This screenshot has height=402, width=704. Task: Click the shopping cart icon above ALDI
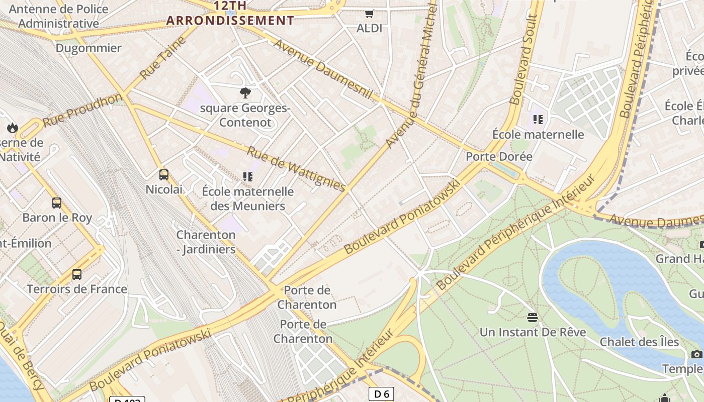coord(370,14)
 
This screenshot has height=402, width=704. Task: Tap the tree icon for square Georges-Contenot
coord(245,92)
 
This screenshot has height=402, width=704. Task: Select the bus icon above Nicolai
coord(164,175)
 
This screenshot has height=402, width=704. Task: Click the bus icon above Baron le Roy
coord(57,203)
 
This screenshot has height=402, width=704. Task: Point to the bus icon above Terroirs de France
coord(77,274)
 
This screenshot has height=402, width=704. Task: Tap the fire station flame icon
coord(13,128)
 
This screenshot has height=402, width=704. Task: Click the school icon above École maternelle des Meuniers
coord(247,176)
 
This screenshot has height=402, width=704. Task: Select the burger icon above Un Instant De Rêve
coord(533,317)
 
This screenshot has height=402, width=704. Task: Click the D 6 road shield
coord(381,394)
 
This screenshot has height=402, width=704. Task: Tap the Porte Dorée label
coord(499,156)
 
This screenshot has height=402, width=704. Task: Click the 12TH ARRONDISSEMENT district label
coord(230,14)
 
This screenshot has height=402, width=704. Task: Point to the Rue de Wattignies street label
coord(297,169)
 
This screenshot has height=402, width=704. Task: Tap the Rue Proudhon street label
coord(82,110)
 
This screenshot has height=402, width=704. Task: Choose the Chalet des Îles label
coord(639,342)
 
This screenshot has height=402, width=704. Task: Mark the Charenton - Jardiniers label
coord(206,242)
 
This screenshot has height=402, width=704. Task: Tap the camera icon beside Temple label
coord(696,354)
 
